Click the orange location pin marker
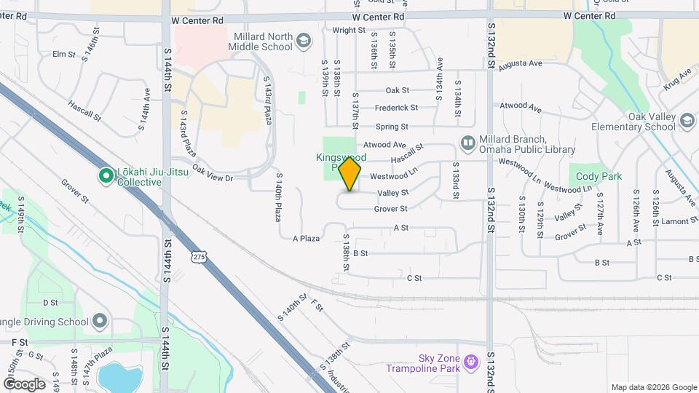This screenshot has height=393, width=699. (350, 174)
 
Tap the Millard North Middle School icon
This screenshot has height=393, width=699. (304, 42)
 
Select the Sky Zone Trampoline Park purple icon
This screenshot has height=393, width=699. (472, 361)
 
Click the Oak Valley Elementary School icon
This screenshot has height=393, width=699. (687, 121)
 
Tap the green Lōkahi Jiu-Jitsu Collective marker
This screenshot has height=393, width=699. (106, 175)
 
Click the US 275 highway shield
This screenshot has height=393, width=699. (200, 255)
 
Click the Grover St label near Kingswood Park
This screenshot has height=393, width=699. (390, 209)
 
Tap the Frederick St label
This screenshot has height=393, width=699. (396, 108)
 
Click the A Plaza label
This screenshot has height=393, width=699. (307, 239)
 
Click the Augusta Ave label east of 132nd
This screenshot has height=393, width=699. (526, 63)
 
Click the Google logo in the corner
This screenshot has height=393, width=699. (24, 384)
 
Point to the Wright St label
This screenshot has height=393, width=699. (348, 31)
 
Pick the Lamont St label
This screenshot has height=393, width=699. (682, 221)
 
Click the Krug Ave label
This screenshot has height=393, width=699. (676, 80)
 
